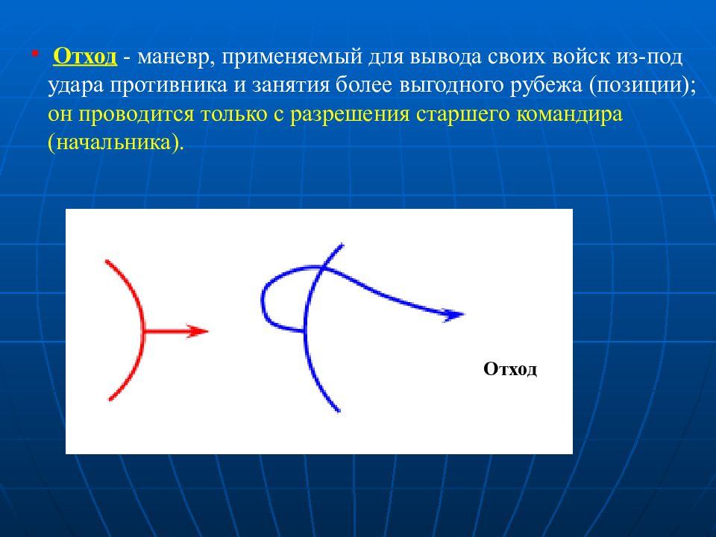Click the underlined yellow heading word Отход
(x=85, y=57)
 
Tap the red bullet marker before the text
(x=35, y=54)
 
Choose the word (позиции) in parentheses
(x=642, y=87)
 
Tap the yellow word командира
(x=569, y=115)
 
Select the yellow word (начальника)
(x=116, y=143)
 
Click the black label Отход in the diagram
(x=510, y=369)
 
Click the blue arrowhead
(x=453, y=315)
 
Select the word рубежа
(x=546, y=87)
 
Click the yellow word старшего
(x=463, y=115)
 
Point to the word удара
(x=75, y=87)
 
